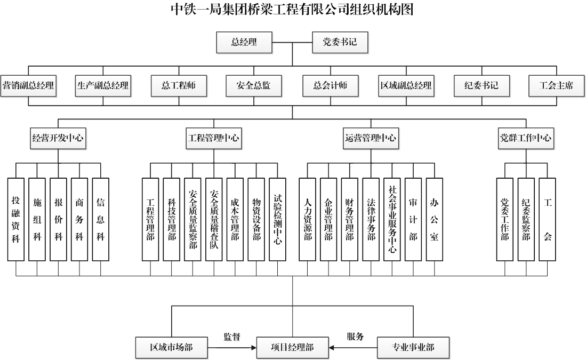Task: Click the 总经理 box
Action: tap(244, 43)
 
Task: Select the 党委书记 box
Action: tap(340, 43)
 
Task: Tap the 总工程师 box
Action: tap(178, 85)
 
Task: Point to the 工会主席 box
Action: tap(556, 85)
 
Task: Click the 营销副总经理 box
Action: tap(28, 85)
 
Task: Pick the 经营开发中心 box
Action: tap(58, 138)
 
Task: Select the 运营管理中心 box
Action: tap(371, 138)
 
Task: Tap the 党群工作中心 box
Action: tap(525, 138)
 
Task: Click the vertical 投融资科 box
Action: tap(16, 219)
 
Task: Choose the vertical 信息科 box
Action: tap(100, 219)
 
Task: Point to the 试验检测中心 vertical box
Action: tap(277, 219)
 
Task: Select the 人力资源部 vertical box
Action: tap(307, 219)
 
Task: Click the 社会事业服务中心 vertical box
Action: tap(392, 219)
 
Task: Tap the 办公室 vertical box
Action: tap(434, 219)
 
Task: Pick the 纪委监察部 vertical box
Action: tap(526, 219)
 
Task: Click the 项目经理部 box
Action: tap(292, 348)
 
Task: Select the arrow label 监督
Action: tap(231, 337)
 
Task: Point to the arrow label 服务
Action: tap(355, 337)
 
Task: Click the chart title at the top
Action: tap(292, 10)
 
